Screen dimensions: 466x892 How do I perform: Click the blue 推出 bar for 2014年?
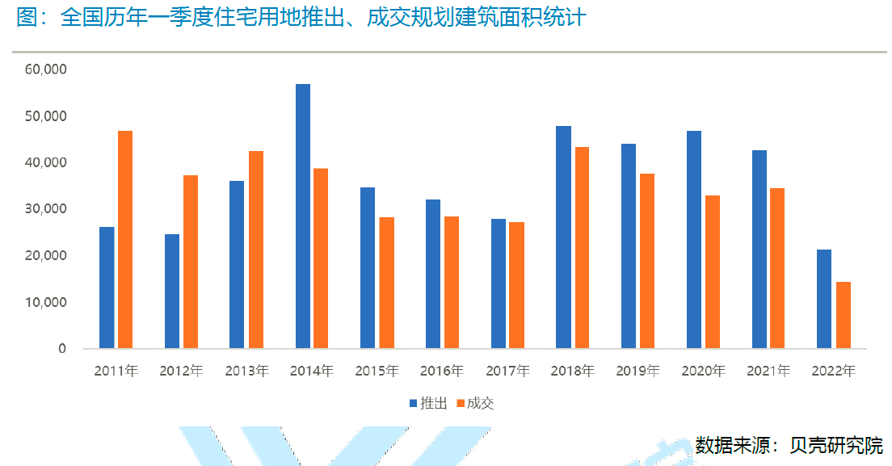[x=303, y=216]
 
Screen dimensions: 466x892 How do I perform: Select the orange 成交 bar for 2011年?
[x=125, y=240]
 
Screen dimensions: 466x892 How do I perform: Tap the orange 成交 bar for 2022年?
[x=844, y=315]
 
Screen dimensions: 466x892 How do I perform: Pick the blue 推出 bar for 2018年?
[x=563, y=237]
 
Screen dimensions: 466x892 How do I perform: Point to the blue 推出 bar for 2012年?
[x=172, y=292]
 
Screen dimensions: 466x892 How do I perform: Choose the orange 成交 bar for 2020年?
[x=713, y=272]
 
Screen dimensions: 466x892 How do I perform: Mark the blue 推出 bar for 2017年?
[x=499, y=283]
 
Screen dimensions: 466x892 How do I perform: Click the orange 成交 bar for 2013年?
[x=256, y=250]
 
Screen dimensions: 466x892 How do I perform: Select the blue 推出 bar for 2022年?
[x=824, y=299]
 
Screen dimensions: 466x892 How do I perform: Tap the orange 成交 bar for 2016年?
[x=452, y=283]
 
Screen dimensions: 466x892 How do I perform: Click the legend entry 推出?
[x=427, y=403]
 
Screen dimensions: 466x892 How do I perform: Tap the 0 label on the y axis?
[x=61, y=349]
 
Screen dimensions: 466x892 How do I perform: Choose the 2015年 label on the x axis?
[x=377, y=372]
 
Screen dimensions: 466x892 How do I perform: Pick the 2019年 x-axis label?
[x=637, y=372]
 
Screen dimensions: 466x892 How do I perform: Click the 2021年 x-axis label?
[x=768, y=372]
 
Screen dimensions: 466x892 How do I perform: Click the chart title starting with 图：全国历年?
[x=301, y=18]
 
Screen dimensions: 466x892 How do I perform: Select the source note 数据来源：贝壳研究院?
[x=789, y=444]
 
